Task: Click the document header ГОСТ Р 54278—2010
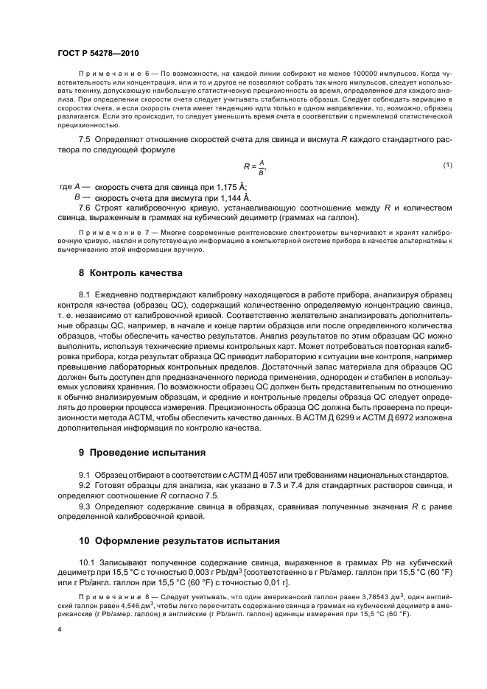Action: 98,54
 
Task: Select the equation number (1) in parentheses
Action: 446,164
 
